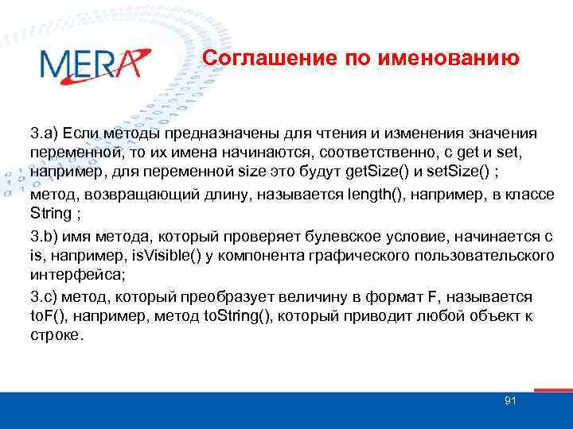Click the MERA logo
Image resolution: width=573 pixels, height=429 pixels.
[x=94, y=64]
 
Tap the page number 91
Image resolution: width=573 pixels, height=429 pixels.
[x=510, y=400]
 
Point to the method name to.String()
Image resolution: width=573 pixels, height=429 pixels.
[x=215, y=315]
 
